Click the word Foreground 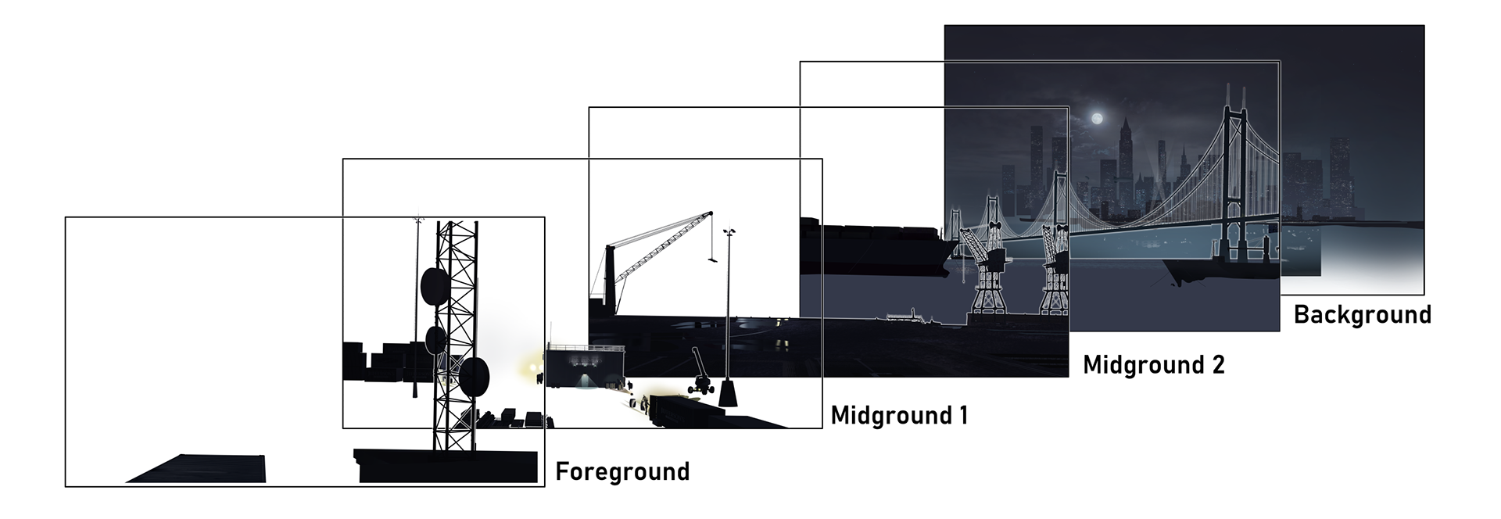pos(622,472)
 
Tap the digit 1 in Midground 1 pos(963,415)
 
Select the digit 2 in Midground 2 pos(1217,365)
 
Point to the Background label pos(1362,314)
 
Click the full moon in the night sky pos(1097,119)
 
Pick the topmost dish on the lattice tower pos(435,287)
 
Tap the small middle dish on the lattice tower pos(435,340)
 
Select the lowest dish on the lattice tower pos(474,376)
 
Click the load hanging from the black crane pos(712,259)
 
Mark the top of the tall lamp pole pos(730,231)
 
